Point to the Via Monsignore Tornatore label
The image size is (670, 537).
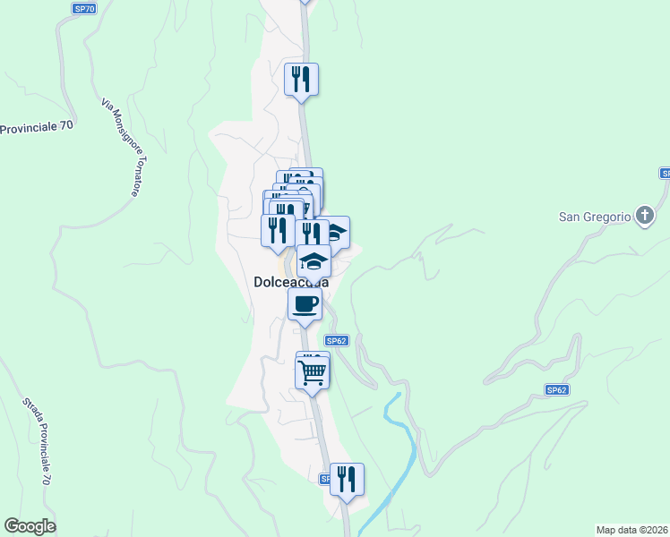coord(122,149)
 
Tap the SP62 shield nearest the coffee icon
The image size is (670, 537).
coord(336,341)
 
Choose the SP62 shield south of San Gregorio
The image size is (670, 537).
coord(557,390)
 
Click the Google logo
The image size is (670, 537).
coord(30,526)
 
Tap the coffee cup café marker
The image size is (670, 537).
coord(305,304)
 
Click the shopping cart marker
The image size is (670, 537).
coord(313,371)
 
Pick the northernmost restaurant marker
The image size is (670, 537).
coord(302,79)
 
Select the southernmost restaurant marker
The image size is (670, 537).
coord(346,479)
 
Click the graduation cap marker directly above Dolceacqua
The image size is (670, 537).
coord(314,261)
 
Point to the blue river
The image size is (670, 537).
coord(403,447)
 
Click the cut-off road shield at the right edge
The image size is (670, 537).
coord(666,173)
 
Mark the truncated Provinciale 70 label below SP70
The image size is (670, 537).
coord(36,128)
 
